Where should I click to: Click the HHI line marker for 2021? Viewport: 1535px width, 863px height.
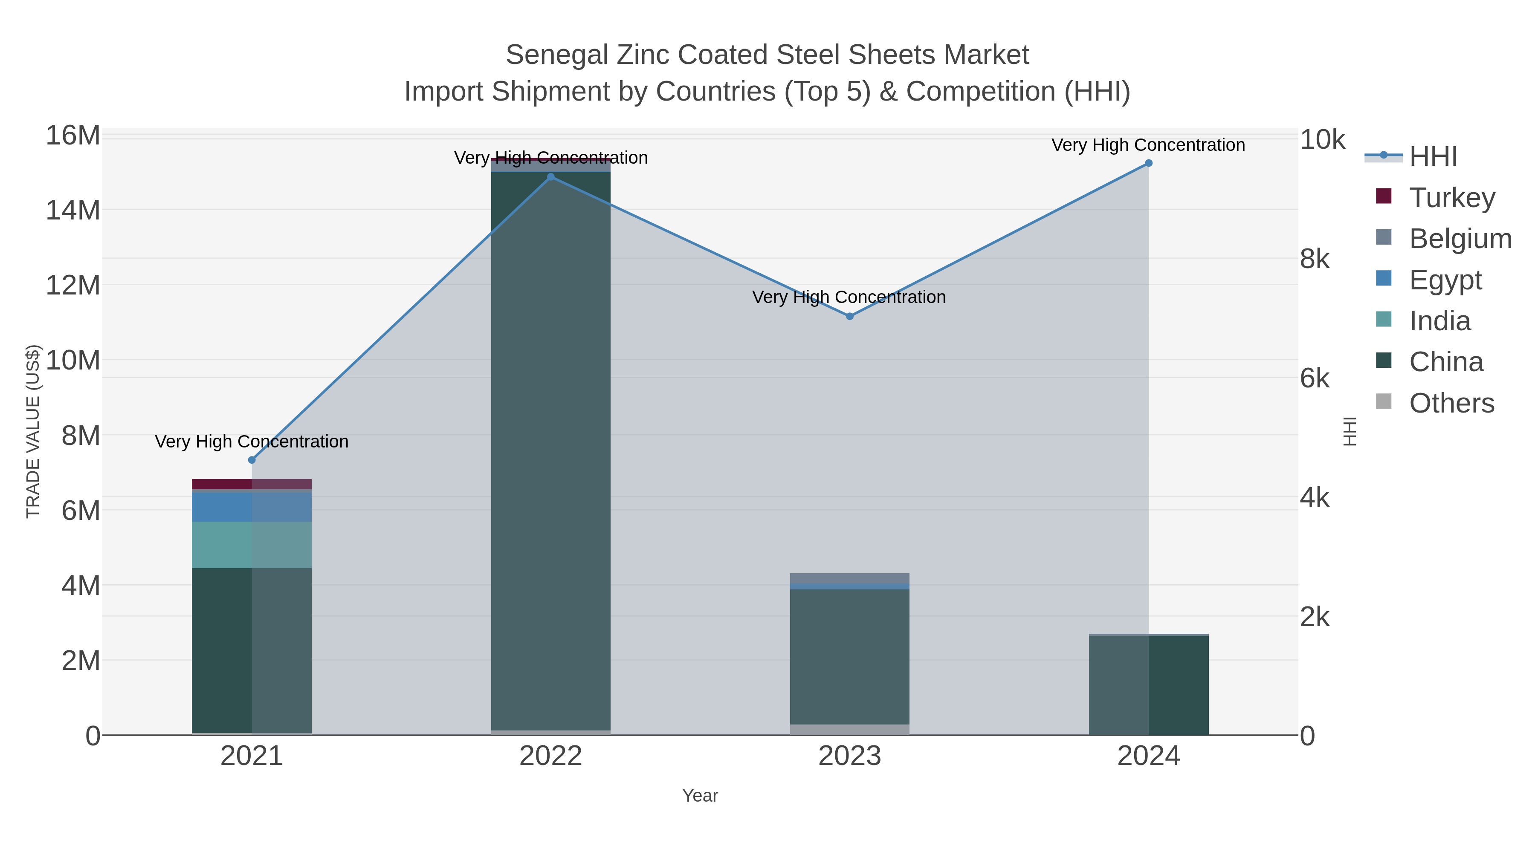(x=252, y=460)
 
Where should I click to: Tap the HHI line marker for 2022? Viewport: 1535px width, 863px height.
(x=550, y=177)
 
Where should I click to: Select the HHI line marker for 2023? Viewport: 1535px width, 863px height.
(x=850, y=316)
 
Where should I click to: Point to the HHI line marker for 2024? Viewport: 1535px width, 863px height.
(x=1149, y=163)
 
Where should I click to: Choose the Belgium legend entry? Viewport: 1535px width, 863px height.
(x=1460, y=239)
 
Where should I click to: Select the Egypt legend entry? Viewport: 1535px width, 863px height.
(x=1445, y=280)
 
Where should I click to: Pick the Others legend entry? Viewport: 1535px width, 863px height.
(x=1451, y=403)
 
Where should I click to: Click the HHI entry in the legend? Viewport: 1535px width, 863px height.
(x=1433, y=157)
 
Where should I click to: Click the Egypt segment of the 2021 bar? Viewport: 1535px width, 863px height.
(x=252, y=506)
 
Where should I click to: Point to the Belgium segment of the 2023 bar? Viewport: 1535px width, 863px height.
(x=850, y=578)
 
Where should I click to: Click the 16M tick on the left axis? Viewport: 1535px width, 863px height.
(x=72, y=136)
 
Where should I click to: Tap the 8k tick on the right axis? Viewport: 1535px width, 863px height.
(x=1315, y=259)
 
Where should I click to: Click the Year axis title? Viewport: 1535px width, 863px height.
(x=700, y=796)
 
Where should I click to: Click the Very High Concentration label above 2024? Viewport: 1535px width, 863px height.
(x=1148, y=145)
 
